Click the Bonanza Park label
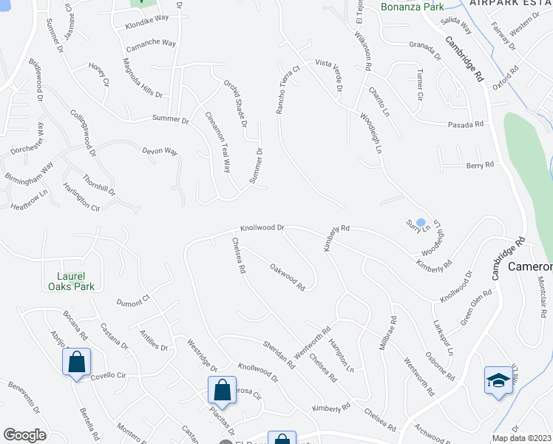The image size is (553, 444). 412,7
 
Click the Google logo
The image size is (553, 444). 24,435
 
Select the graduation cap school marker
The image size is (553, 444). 498,381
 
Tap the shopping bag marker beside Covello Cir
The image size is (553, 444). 76,363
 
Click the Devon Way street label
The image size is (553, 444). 160,152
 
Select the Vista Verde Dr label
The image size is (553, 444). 329,75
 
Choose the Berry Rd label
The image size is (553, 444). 480,166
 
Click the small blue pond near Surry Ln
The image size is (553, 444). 421,222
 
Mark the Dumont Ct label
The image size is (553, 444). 134,300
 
